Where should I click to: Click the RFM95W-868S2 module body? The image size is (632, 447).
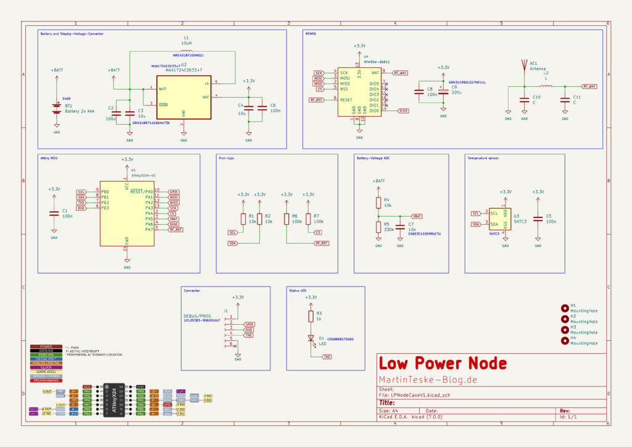coord(359,91)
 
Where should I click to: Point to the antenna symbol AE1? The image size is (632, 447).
coord(524,65)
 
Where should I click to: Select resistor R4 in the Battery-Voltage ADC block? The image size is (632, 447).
coord(378,203)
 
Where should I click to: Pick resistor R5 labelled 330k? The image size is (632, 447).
coord(378,227)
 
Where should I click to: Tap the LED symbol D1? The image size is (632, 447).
coord(311,338)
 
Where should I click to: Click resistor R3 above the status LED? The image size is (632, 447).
coord(311,316)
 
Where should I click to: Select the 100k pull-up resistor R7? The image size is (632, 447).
coord(308,219)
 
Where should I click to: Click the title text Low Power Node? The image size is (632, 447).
coord(443,364)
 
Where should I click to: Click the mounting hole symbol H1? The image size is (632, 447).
coord(565,308)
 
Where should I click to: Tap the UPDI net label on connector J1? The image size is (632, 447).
coord(249,324)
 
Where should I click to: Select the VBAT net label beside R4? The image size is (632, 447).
coord(417,216)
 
